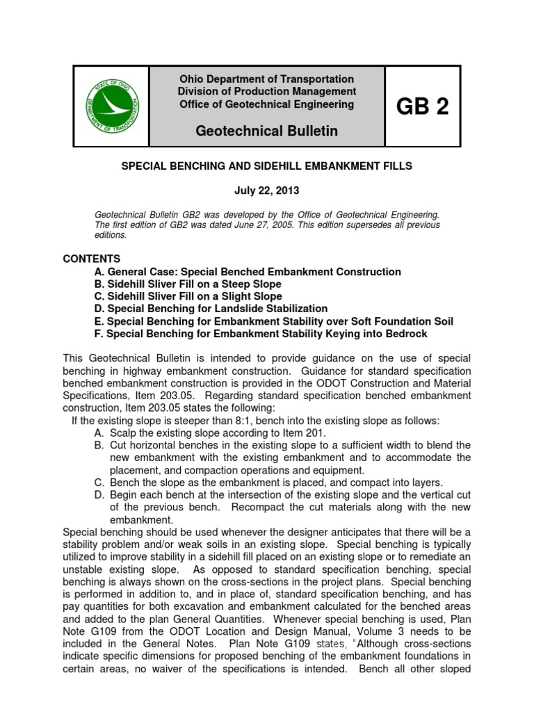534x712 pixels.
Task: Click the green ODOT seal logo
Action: (111, 106)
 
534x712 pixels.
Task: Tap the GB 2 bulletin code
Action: (422, 106)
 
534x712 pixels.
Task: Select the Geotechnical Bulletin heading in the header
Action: (266, 131)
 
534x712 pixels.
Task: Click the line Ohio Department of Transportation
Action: (266, 79)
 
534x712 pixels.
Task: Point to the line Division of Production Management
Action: (266, 92)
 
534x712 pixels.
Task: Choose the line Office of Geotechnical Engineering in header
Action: (266, 104)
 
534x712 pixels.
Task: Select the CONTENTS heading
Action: (92, 259)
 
